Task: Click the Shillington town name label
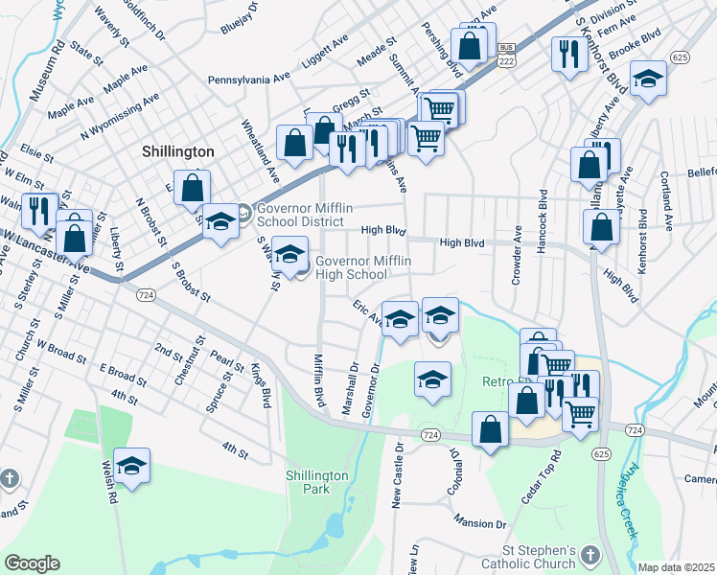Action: (177, 152)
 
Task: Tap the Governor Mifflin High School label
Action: (351, 266)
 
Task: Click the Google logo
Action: (32, 563)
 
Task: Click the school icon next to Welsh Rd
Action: (131, 467)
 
